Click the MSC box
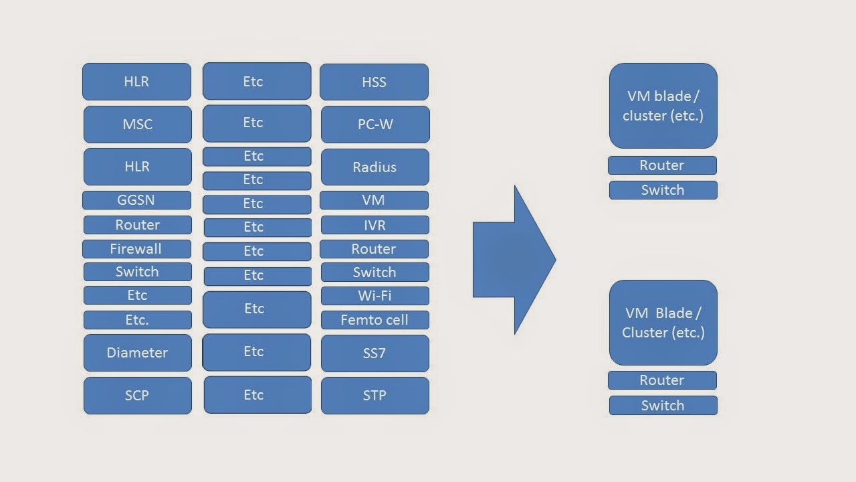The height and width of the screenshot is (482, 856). coord(137,125)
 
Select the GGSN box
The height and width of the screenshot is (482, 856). coord(136,200)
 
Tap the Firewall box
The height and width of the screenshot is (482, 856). coord(136,249)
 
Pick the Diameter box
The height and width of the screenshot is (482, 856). coord(137,353)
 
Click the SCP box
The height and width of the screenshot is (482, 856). coord(137,396)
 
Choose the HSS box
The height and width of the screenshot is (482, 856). coord(374,82)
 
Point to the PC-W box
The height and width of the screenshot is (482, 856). coord(374,125)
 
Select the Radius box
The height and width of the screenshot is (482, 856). coord(374,167)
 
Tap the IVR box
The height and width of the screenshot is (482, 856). coord(374,226)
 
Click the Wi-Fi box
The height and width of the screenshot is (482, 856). coord(374,296)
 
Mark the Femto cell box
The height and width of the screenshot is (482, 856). coord(374,320)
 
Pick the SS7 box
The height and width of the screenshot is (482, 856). coord(374,353)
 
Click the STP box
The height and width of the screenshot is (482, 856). coord(374,396)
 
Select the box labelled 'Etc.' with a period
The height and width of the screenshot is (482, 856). coord(137,320)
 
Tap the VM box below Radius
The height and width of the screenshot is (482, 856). coord(374,200)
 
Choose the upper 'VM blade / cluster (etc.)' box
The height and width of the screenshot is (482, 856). coord(663,106)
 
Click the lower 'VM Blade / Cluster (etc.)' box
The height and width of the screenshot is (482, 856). coord(663,323)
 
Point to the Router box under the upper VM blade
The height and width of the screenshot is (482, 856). coord(662,165)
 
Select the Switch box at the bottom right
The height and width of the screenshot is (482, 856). coord(663,406)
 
